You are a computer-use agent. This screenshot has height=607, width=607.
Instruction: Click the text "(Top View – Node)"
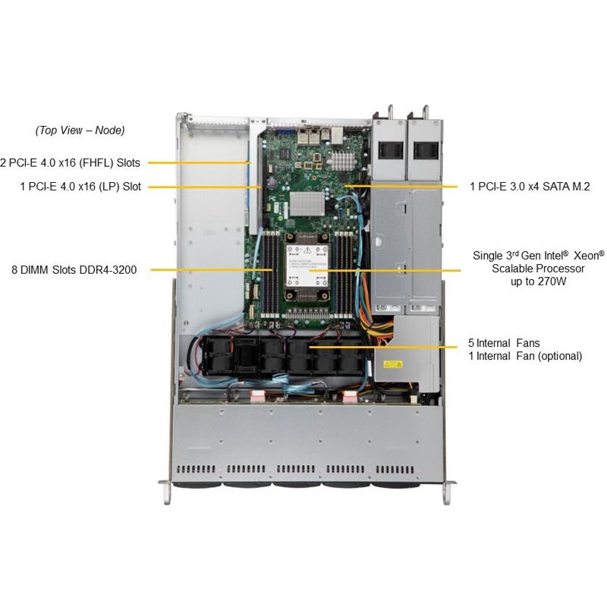point(80,131)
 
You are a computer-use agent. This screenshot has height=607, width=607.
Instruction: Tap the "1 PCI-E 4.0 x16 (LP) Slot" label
point(81,187)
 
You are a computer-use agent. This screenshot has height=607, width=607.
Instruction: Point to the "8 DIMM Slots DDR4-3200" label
point(74,269)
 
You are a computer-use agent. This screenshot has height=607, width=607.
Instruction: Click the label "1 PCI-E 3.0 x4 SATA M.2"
point(529,186)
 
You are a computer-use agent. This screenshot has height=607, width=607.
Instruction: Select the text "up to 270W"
point(538,281)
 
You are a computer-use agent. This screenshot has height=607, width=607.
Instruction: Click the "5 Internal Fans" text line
point(505,343)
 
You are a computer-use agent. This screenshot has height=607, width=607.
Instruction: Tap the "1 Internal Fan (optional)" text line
point(526,356)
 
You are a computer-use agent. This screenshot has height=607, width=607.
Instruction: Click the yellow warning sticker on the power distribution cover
point(393,364)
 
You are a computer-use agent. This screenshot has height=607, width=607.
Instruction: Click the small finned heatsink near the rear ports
point(342,159)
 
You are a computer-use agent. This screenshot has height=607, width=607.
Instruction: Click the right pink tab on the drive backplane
point(351,395)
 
